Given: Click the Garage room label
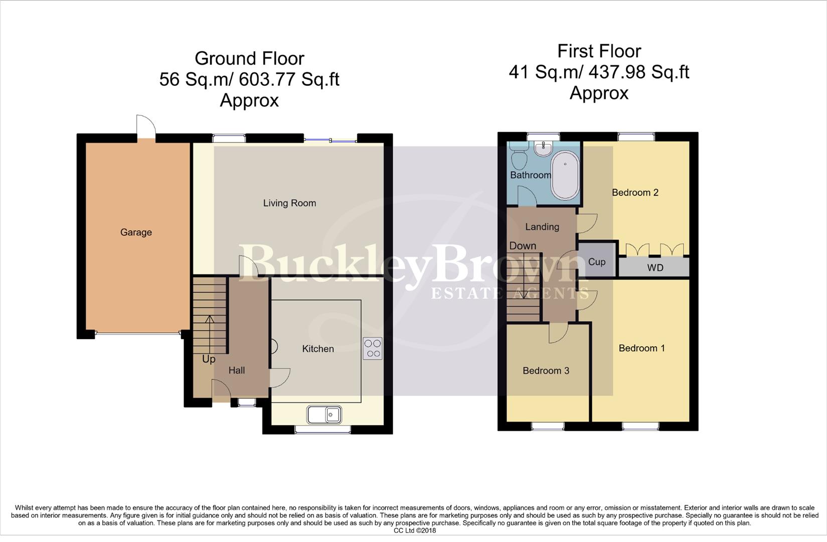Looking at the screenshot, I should coord(136,232).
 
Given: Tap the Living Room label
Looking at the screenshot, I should coord(289,203).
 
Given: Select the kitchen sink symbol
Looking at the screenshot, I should coord(324,415).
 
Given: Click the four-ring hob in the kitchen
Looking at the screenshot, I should coord(373,348).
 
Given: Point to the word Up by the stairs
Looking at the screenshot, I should coord(209,359).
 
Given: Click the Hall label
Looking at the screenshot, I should coord(237,370).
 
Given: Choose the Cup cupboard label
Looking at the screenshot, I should coord(597,262).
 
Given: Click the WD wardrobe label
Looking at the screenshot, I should coord(655,267).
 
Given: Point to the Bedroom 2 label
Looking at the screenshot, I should coord(635,193).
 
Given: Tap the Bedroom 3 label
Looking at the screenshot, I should coord(546,371).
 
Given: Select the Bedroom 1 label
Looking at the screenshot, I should coord(641,348).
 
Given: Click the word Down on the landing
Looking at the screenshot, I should coord(523,246).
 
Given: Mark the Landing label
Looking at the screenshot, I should coord(542,227).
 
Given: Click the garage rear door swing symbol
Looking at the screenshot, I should coord(146,125).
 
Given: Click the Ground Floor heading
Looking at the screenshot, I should coord(249,59).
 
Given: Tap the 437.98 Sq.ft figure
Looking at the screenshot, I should coord(638,72).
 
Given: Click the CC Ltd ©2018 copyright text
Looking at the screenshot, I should coord(414,530).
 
